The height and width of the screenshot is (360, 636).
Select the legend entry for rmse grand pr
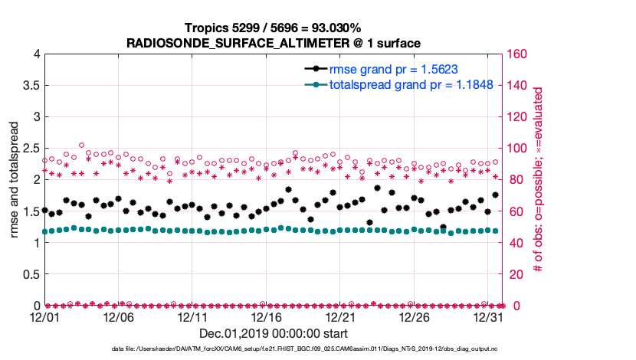(x=393, y=69)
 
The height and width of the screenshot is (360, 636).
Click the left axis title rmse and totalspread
(x=15, y=180)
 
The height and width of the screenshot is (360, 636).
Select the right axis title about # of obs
(x=539, y=180)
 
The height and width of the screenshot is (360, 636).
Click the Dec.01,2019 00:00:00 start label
(x=274, y=333)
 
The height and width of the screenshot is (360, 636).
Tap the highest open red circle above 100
(x=81, y=145)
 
